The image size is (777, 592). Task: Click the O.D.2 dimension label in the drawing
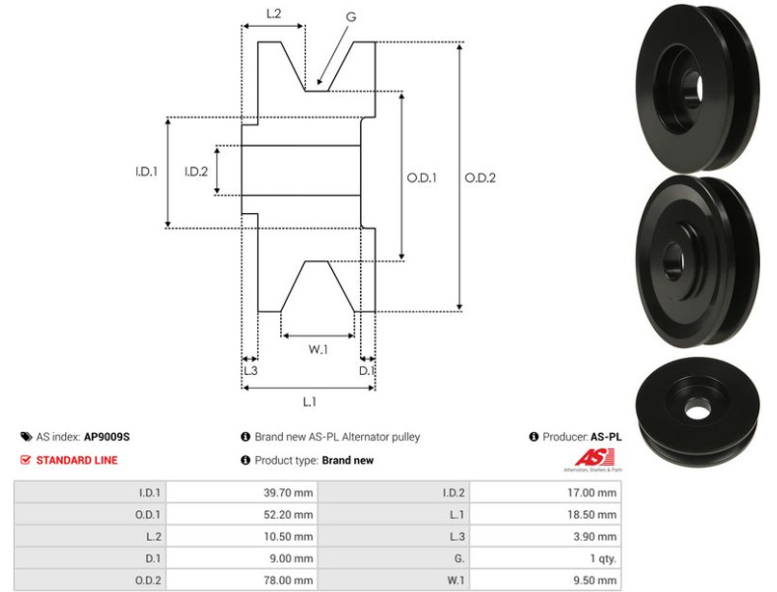click(479, 179)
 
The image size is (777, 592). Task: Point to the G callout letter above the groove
click(351, 17)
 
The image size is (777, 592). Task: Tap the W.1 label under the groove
click(318, 348)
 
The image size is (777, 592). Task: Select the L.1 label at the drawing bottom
click(309, 402)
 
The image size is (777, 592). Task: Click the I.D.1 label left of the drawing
click(146, 172)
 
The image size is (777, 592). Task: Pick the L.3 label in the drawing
click(249, 370)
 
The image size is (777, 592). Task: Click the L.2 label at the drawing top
click(274, 14)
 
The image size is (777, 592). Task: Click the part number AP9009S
click(106, 436)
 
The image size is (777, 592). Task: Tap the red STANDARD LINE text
click(76, 460)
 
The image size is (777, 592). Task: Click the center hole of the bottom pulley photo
click(698, 405)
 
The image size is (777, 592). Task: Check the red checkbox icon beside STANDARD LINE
click(26, 460)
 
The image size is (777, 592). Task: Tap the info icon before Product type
click(245, 460)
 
